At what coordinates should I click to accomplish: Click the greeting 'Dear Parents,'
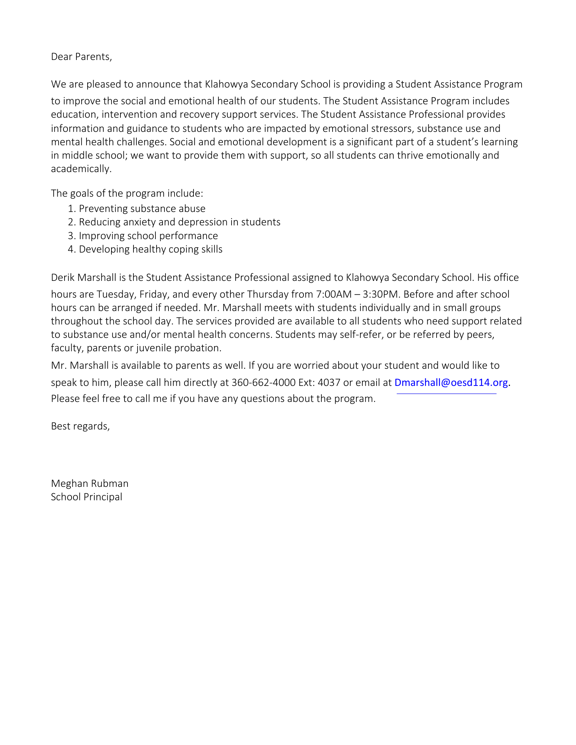click(x=81, y=57)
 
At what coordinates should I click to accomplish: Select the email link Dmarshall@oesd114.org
click(x=451, y=383)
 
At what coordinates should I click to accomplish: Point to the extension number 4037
click(x=329, y=383)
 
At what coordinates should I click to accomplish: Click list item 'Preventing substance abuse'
click(x=142, y=209)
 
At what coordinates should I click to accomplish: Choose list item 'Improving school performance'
click(x=148, y=236)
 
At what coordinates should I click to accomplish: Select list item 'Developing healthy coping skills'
click(x=150, y=249)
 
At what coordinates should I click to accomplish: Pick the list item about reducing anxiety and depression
click(x=179, y=222)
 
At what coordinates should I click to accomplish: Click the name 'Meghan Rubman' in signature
click(x=89, y=484)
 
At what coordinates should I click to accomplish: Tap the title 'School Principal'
click(x=86, y=497)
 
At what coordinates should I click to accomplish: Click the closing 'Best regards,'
click(x=80, y=426)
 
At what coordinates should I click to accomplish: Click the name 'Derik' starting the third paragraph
click(x=62, y=278)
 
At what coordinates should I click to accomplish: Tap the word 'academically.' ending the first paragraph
click(x=81, y=169)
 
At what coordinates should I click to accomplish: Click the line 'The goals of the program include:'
click(x=127, y=193)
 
